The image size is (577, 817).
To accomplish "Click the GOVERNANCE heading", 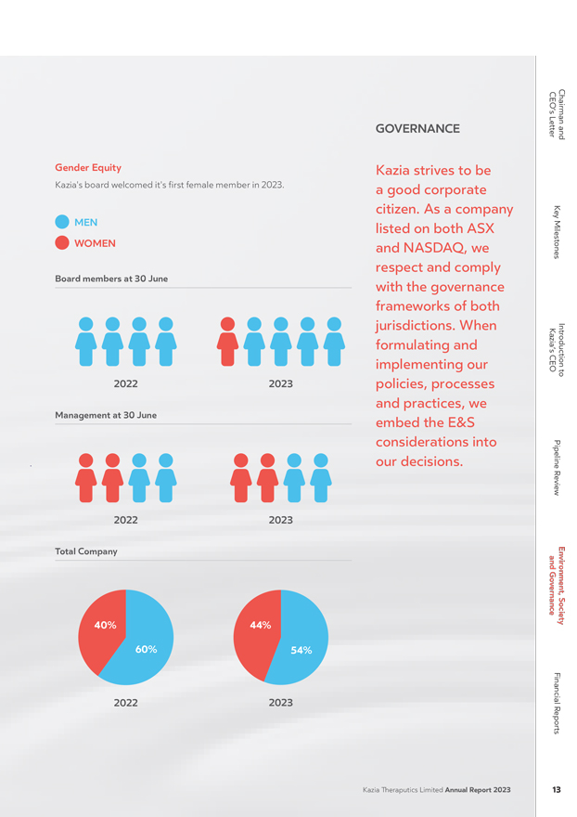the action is click(x=417, y=129).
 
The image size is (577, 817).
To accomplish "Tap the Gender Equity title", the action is click(x=88, y=168).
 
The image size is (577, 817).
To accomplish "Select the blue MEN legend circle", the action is click(x=62, y=222).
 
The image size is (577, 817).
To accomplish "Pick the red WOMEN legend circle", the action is click(x=62, y=243).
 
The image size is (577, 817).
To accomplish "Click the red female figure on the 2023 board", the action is click(x=227, y=342).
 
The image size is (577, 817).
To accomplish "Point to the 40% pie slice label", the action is click(x=105, y=625).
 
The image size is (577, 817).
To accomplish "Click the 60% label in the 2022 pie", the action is click(x=147, y=649).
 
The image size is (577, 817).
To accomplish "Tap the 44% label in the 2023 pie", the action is click(x=261, y=625).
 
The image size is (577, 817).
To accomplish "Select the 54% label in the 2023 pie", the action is click(x=301, y=650).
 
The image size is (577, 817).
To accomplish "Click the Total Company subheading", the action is click(x=86, y=551).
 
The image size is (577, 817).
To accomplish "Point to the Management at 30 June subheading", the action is click(x=106, y=415).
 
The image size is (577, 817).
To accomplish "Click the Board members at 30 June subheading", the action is click(x=111, y=279).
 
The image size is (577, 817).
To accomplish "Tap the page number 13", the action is click(x=557, y=790).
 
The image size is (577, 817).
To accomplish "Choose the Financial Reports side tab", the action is click(x=557, y=704).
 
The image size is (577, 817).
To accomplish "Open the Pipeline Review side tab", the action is click(x=557, y=468).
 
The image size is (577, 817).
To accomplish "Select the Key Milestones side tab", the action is click(x=557, y=232).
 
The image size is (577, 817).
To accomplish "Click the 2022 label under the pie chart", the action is click(x=126, y=703).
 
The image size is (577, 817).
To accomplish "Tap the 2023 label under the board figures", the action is click(x=281, y=384).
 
